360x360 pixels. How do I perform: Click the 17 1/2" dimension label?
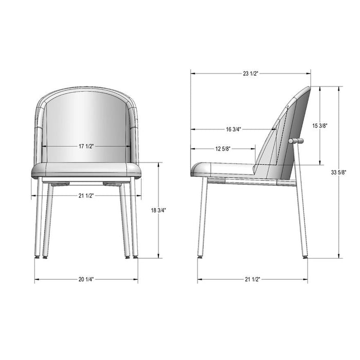click(x=86, y=147)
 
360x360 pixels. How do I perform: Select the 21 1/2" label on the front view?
click(x=86, y=195)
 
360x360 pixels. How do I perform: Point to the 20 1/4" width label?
click(x=86, y=279)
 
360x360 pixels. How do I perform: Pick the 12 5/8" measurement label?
click(x=222, y=149)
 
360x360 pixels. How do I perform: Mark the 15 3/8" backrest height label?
click(x=320, y=125)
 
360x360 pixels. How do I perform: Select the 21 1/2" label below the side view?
click(x=252, y=279)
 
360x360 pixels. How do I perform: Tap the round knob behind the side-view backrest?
click(x=297, y=140)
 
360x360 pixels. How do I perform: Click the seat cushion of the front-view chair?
click(x=86, y=170)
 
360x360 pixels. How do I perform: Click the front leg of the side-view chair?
click(x=202, y=216)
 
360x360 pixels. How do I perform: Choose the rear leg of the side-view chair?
click(x=302, y=216)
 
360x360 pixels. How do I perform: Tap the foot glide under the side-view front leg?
click(x=201, y=256)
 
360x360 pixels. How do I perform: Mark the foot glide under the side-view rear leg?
click(x=305, y=256)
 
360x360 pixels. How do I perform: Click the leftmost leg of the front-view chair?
click(x=38, y=216)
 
